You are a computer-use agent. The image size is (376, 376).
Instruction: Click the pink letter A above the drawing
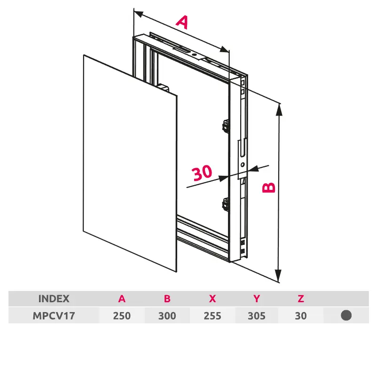(182, 22)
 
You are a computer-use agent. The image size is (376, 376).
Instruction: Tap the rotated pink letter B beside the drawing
(268, 188)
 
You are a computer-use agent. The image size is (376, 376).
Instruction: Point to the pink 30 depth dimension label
(202, 172)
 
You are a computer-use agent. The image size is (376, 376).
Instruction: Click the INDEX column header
(54, 299)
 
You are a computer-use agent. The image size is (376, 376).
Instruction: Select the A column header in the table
(122, 299)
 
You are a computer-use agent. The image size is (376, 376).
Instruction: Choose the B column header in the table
(167, 299)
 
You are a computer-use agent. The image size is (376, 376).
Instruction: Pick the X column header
(212, 299)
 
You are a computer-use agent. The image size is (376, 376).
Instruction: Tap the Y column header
(257, 299)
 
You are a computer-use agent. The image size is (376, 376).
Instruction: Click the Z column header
(301, 299)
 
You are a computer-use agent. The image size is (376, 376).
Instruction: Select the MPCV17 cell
(54, 316)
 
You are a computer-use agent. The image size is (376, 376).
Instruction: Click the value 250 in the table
(122, 316)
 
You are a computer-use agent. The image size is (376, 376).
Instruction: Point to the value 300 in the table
(167, 316)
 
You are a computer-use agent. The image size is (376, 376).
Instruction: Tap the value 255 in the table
(212, 316)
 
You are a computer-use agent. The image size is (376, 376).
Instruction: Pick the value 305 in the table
(257, 316)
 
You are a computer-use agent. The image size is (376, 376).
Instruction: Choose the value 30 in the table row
(301, 316)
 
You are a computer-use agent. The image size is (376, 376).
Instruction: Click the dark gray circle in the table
(346, 315)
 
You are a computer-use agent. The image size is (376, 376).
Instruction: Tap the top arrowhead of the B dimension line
(279, 110)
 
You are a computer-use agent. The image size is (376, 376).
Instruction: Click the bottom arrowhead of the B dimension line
(278, 276)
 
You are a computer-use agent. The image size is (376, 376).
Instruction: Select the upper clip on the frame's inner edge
(226, 126)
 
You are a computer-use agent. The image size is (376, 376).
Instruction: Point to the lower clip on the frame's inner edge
(226, 204)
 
